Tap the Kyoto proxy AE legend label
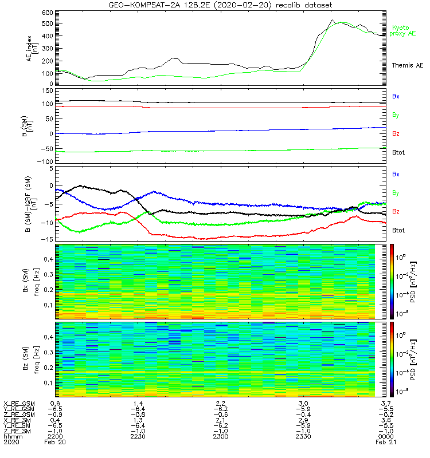click(x=404, y=30)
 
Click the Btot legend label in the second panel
click(x=400, y=152)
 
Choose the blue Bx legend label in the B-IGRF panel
click(x=396, y=173)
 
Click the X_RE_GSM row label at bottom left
click(x=19, y=404)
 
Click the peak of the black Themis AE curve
click(x=332, y=20)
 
